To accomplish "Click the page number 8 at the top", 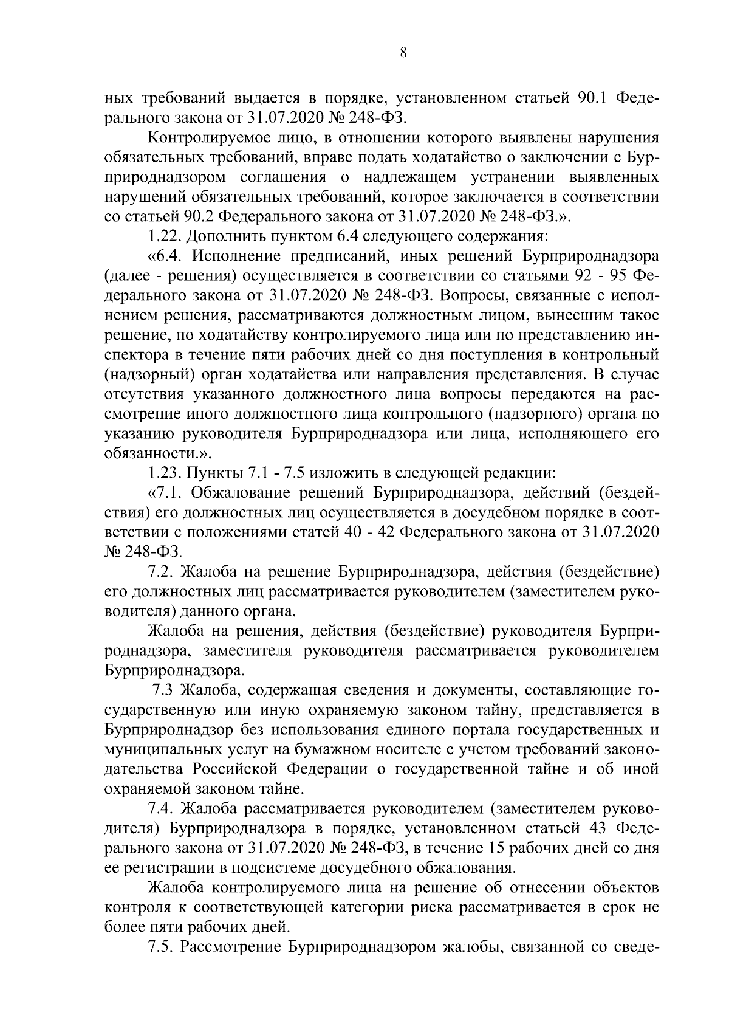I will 403,53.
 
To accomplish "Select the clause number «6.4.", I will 163,256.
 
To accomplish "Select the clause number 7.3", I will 164,690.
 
